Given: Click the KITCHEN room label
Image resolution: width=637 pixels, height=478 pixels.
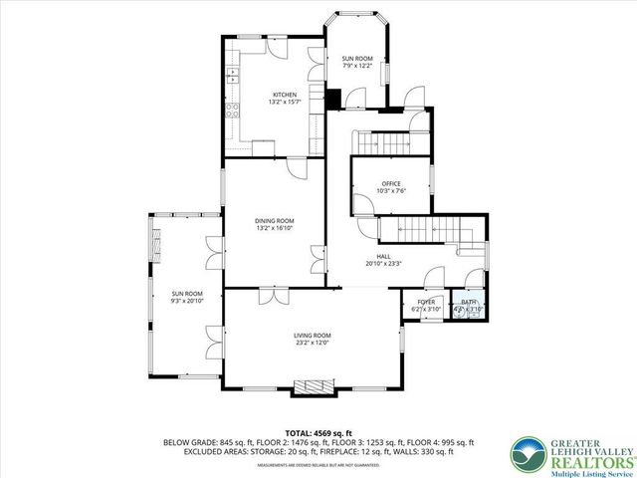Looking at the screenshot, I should pyautogui.click(x=282, y=95).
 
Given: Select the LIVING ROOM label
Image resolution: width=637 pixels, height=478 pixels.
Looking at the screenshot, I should pyautogui.click(x=312, y=335).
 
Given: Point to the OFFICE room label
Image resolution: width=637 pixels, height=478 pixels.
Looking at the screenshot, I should pyautogui.click(x=390, y=183).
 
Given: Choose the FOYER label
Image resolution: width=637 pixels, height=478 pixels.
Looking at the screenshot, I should pyautogui.click(x=426, y=301).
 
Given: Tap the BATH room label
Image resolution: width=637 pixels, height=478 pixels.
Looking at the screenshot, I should pyautogui.click(x=468, y=301).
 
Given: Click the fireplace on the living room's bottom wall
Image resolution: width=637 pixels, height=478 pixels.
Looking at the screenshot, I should pyautogui.click(x=314, y=385).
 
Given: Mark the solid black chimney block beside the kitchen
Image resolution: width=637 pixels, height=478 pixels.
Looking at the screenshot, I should pyautogui.click(x=334, y=98).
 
